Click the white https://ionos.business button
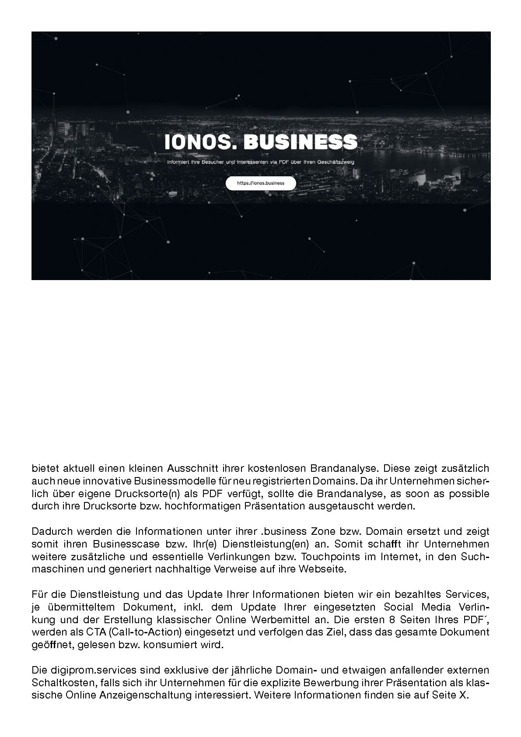(261, 183)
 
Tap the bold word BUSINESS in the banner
(300, 142)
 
